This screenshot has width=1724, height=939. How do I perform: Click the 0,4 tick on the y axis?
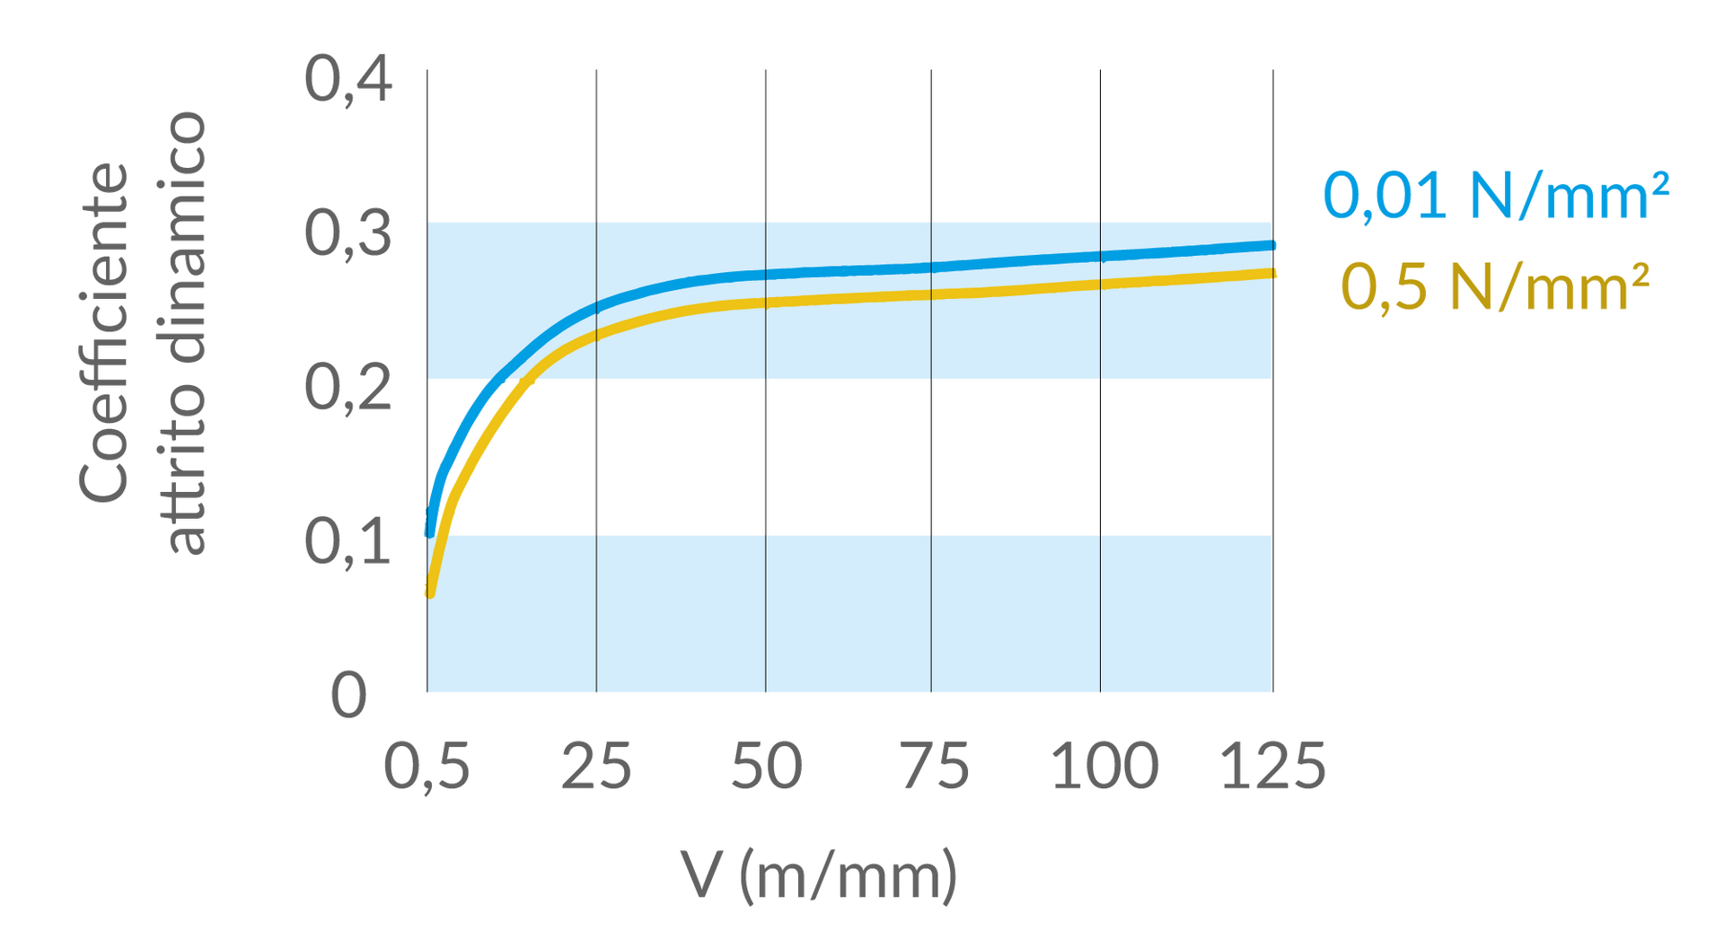(348, 80)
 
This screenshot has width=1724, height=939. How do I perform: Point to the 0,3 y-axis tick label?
(348, 233)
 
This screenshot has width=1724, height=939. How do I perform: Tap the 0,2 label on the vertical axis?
(348, 388)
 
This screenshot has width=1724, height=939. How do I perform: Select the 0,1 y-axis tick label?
(348, 542)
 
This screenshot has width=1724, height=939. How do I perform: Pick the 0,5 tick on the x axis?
(427, 766)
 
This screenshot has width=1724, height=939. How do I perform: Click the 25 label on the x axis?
(596, 766)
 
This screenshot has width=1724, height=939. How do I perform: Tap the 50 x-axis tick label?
(766, 766)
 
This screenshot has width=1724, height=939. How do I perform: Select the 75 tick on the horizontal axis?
(935, 766)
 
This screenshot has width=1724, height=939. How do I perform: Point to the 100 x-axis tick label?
(1104, 766)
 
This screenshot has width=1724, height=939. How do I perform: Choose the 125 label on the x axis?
(1272, 766)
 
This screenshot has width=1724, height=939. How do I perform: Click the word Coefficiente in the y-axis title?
(103, 332)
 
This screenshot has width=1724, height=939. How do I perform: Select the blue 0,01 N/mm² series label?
(1496, 195)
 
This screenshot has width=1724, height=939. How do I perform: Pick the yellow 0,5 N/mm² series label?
(1496, 287)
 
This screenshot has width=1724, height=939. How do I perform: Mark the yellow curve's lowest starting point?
(430, 593)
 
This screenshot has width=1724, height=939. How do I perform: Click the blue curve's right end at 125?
(1271, 245)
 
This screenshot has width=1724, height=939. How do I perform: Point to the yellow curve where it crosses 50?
(766, 303)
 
